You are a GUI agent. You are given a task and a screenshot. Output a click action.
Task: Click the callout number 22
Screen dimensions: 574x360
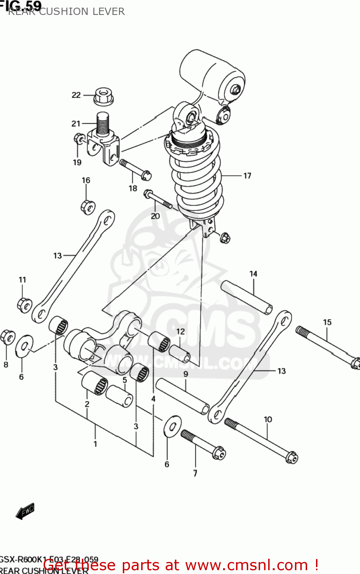(x=76, y=95)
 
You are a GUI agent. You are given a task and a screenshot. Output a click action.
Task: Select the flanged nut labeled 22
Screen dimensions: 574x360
(x=103, y=96)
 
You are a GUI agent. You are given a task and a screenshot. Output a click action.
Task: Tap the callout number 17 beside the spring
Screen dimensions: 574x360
(x=247, y=176)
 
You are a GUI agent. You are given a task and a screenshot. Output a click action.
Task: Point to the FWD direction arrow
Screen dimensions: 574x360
(x=25, y=511)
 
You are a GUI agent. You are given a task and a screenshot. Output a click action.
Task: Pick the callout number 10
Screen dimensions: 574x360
(x=268, y=419)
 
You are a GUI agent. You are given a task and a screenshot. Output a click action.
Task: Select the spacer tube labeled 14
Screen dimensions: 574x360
(x=247, y=297)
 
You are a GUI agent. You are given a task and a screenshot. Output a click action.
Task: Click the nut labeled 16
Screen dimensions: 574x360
(x=88, y=207)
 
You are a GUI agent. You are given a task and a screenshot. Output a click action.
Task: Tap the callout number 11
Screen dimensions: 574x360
(x=23, y=280)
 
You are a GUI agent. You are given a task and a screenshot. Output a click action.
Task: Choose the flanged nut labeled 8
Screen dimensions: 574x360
(x=8, y=337)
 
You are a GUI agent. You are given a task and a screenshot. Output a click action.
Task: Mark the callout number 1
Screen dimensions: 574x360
(x=95, y=444)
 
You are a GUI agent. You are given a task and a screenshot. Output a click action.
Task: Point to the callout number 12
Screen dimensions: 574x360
(x=181, y=331)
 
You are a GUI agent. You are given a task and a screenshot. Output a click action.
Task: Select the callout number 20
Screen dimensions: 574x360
(x=155, y=216)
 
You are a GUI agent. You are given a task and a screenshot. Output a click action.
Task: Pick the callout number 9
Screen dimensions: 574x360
(x=186, y=374)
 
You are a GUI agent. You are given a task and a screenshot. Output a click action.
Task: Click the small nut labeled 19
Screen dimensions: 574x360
(x=80, y=138)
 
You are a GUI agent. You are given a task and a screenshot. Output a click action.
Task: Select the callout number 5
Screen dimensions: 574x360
(x=125, y=380)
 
